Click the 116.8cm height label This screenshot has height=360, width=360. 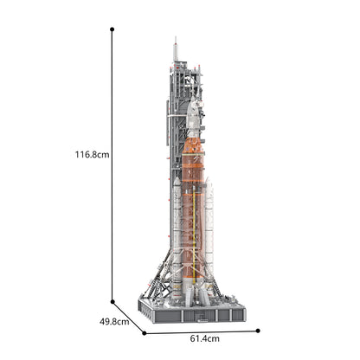pyautogui.click(x=91, y=155)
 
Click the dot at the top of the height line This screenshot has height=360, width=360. pyautogui.click(x=112, y=29)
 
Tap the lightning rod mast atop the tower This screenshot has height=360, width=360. pyautogui.click(x=175, y=49)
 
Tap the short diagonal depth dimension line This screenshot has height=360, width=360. pyautogui.click(x=128, y=313)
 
